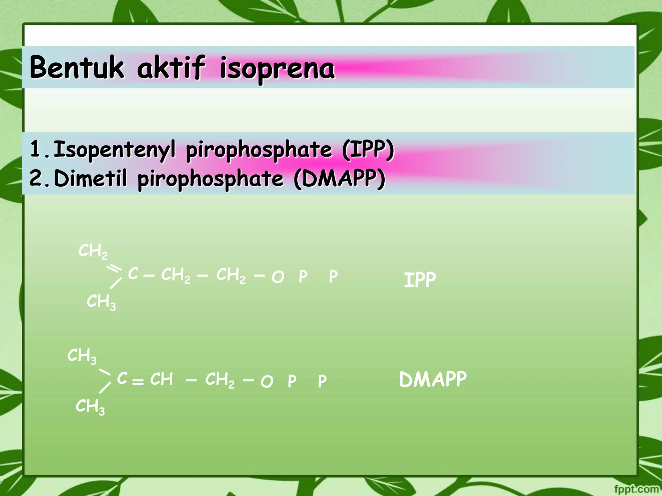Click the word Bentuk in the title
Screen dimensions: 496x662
[x=77, y=67]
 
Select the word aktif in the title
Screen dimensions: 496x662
[x=171, y=67]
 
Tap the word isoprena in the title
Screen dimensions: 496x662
[x=277, y=68]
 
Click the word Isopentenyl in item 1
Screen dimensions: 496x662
[x=114, y=150]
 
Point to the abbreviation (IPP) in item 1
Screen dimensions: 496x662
[x=368, y=150]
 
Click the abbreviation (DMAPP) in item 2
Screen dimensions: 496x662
[x=340, y=178]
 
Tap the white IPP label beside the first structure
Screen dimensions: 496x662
[x=420, y=280]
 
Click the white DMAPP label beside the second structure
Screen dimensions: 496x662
[x=433, y=379]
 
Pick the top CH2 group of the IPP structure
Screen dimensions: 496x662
[x=93, y=251]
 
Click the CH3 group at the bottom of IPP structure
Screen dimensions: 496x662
[x=101, y=302]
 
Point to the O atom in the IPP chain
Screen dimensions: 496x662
[x=278, y=277]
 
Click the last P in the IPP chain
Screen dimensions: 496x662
[x=333, y=277]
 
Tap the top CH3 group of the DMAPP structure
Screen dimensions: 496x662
[x=82, y=356]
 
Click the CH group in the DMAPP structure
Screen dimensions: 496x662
[x=161, y=379]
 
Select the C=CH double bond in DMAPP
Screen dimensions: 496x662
[x=138, y=382]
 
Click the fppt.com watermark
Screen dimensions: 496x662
[x=636, y=489]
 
